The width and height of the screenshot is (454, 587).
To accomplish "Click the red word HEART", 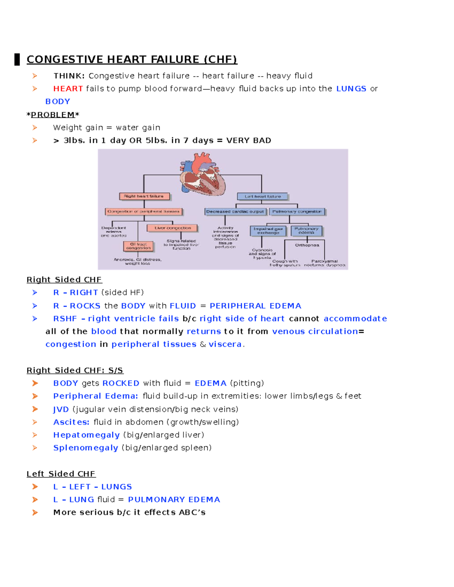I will pyautogui.click(x=68, y=88).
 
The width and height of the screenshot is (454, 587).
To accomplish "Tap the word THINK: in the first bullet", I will pyautogui.click(x=69, y=76).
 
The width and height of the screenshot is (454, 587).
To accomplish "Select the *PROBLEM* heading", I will pyautogui.click(x=53, y=115).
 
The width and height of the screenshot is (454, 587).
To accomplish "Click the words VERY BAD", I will pyautogui.click(x=249, y=140).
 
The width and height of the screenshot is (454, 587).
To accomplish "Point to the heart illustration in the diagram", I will pyautogui.click(x=203, y=174).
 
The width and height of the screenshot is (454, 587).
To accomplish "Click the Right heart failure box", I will pyautogui.click(x=144, y=196).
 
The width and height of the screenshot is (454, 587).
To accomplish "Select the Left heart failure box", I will pyautogui.click(x=263, y=197).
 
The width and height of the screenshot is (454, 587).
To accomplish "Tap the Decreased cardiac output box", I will pyautogui.click(x=235, y=212).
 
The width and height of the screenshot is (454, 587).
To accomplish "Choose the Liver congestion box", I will pyautogui.click(x=173, y=228).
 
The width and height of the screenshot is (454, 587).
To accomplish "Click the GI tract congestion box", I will pyautogui.click(x=138, y=246).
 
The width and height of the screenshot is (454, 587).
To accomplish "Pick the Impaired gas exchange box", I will pyautogui.click(x=268, y=231).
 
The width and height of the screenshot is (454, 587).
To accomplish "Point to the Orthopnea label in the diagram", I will pyautogui.click(x=307, y=245).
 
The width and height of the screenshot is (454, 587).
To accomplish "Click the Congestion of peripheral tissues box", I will pyautogui.click(x=143, y=211).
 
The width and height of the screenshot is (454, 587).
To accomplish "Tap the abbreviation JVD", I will pyautogui.click(x=61, y=409).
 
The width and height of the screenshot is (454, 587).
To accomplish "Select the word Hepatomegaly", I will pyautogui.click(x=86, y=435).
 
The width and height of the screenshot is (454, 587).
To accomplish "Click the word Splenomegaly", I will pyautogui.click(x=86, y=448).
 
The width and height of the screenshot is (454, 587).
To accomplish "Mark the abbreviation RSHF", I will pyautogui.click(x=65, y=318).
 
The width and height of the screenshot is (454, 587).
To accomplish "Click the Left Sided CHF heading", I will pyautogui.click(x=61, y=474).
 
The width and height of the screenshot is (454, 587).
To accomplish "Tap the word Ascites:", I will pyautogui.click(x=71, y=422).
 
